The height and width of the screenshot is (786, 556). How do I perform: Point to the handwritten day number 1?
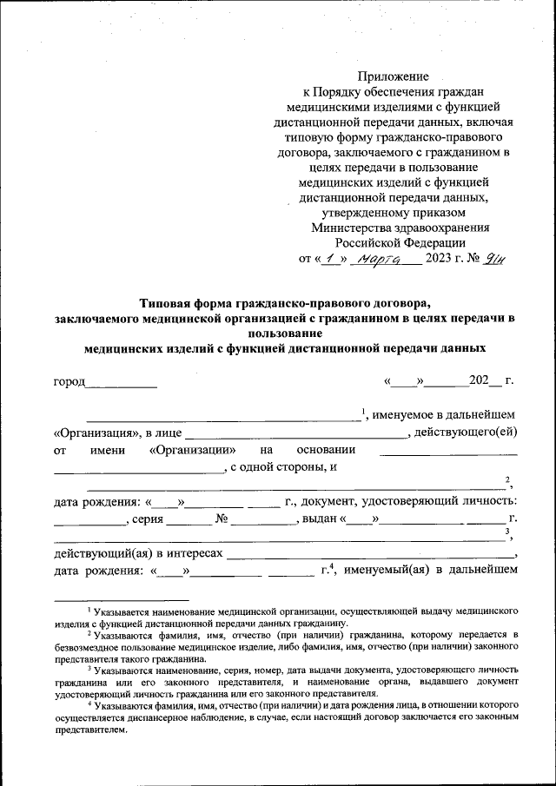click(328, 258)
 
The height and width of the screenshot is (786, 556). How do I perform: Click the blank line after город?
click(122, 382)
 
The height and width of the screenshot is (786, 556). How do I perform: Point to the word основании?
click(326, 450)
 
